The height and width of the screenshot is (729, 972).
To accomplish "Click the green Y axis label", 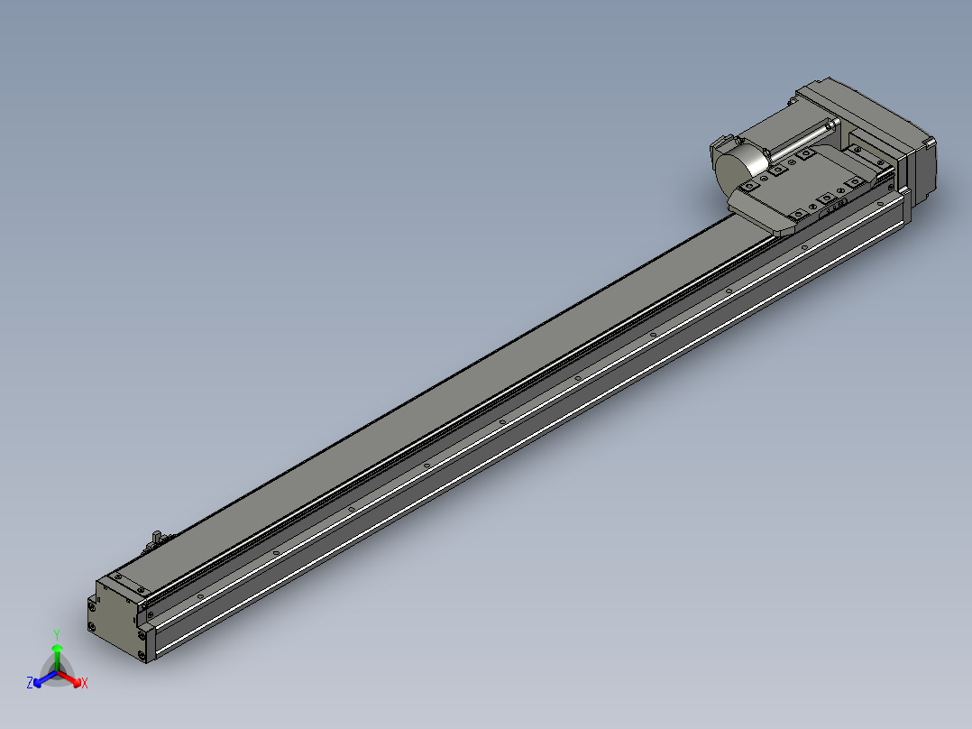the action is [57, 634].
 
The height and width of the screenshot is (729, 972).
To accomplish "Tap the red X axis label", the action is [85, 683].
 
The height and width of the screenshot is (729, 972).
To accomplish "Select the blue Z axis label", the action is [30, 682].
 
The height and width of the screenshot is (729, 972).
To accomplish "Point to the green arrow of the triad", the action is [57, 657].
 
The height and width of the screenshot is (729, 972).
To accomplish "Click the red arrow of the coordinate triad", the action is [69, 678].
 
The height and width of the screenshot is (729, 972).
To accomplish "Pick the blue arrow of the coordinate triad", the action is [45, 678].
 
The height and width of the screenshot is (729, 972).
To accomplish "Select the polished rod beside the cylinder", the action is [803, 140].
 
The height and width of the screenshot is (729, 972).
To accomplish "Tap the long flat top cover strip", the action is [434, 397].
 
